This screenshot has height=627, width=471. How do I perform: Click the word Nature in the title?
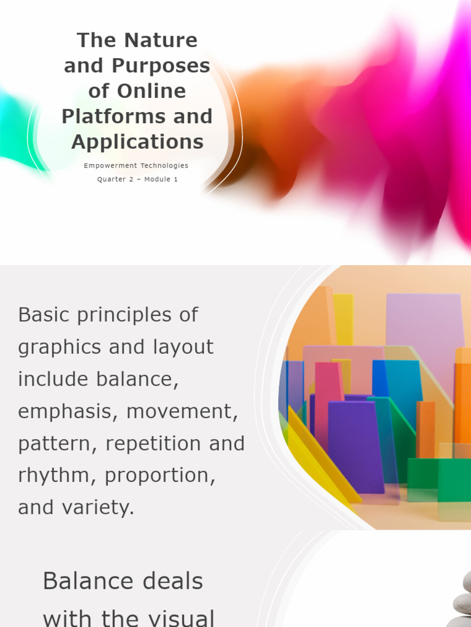(161, 40)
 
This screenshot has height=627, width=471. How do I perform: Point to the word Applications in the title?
(137, 141)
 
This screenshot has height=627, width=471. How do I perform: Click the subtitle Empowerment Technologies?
(136, 165)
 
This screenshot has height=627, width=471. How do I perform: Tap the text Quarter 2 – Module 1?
(137, 179)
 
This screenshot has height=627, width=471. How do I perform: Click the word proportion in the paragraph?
(160, 476)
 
